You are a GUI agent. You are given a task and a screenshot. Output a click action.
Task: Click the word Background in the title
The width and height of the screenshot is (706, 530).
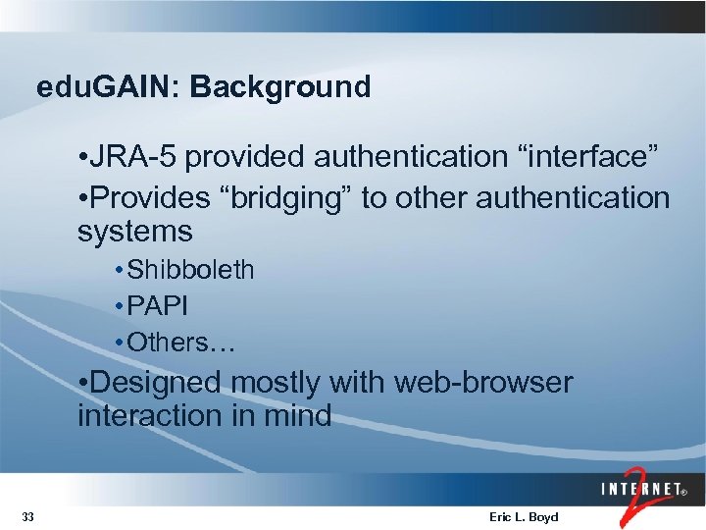point(280,87)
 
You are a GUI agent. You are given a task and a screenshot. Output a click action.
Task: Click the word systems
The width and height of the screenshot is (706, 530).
point(135,233)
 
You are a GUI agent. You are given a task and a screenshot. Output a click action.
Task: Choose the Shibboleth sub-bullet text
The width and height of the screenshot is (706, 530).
point(191,270)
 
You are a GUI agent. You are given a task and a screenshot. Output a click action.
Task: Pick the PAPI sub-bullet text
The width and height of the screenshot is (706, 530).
point(159,306)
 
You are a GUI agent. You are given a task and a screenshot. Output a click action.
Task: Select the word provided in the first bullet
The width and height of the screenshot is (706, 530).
point(253,156)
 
